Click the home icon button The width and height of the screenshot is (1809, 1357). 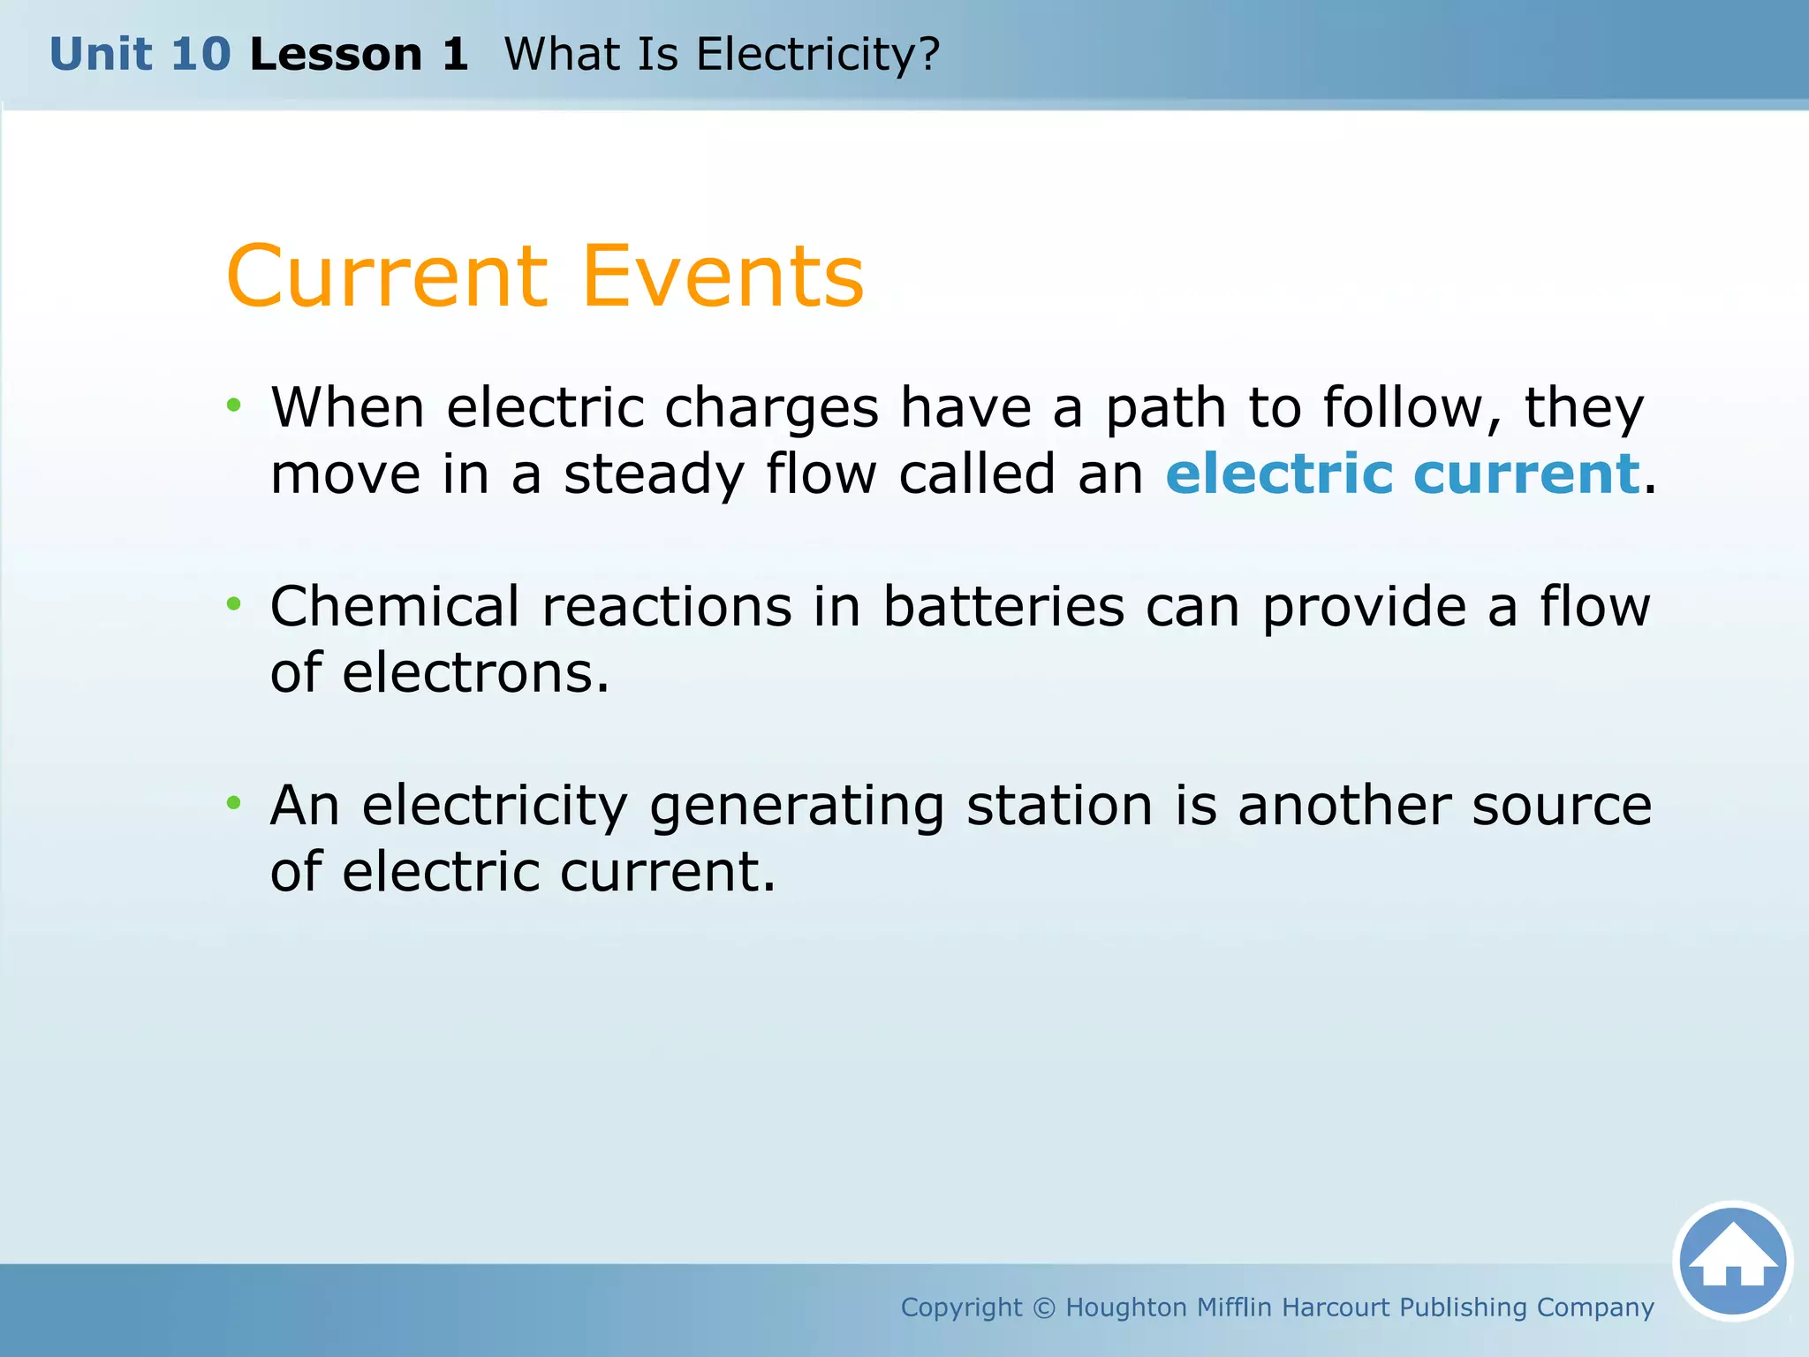1732,1261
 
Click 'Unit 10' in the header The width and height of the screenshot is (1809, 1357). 140,55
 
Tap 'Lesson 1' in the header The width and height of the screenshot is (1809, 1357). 359,55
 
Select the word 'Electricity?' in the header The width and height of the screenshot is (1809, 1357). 818,55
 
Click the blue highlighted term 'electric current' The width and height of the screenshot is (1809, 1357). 1403,474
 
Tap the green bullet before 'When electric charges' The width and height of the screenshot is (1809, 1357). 233,406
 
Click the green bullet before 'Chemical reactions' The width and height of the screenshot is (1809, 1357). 233,604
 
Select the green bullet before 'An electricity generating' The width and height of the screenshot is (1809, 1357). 233,803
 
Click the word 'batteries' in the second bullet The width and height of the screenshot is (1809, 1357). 1003,607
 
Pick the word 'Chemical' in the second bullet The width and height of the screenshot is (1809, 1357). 395,607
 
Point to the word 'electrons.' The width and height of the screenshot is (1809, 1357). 475,673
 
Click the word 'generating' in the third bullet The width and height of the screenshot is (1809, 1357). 797,807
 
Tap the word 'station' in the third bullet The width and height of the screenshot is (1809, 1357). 1059,806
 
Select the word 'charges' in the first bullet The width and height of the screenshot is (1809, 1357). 771,410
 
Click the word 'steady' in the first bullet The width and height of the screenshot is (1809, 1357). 654,475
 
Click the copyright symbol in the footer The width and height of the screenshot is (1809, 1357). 1043,1308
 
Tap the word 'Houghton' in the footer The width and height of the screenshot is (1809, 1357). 1126,1308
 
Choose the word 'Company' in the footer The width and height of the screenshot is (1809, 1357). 1594,1308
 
